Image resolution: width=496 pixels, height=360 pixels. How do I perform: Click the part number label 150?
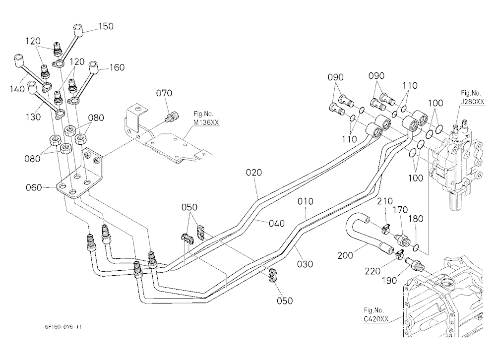click(106, 26)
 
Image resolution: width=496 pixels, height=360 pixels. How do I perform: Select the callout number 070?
click(164, 93)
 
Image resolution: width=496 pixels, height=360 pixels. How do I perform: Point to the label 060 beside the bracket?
click(34, 187)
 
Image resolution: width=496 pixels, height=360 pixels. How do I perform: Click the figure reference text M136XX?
click(206, 122)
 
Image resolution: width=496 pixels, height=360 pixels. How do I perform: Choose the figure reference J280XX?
click(473, 102)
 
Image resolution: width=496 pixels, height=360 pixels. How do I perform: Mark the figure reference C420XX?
click(376, 319)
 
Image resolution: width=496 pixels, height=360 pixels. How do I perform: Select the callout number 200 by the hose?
click(345, 255)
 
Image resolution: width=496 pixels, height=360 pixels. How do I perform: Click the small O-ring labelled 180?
click(416, 247)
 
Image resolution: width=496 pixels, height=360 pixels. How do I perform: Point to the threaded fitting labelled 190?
click(414, 263)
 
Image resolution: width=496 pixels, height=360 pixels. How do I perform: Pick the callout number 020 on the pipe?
click(254, 173)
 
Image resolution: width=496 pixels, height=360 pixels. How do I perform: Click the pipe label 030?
click(305, 264)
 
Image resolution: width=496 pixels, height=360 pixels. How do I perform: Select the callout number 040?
click(277, 223)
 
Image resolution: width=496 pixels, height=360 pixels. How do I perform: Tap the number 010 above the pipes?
click(305, 201)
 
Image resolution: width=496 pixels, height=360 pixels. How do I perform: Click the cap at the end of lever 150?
click(78, 30)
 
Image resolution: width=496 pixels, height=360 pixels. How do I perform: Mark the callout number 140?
click(17, 89)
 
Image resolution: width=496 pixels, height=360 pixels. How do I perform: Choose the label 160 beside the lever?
click(117, 67)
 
